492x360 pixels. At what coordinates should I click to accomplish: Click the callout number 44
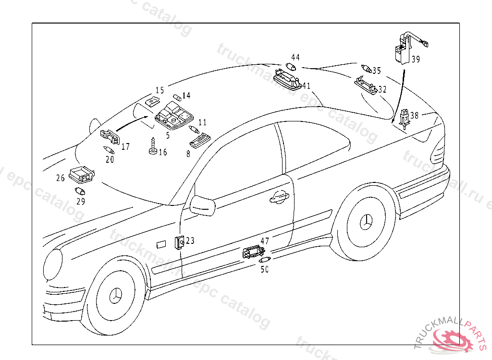tap(295, 57)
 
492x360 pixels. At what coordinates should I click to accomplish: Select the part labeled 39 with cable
tap(401, 48)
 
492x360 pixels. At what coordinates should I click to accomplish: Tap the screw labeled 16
tap(153, 147)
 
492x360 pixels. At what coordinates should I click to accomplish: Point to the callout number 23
tap(190, 240)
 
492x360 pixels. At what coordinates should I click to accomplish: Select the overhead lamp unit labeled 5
tap(174, 116)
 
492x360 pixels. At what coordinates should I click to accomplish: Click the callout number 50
tap(264, 270)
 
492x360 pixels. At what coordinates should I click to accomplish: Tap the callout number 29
tap(81, 202)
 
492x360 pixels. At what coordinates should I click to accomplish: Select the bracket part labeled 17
tap(111, 137)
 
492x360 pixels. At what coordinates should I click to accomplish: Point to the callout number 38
tap(414, 115)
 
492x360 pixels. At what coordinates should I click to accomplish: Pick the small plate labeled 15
tap(152, 101)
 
